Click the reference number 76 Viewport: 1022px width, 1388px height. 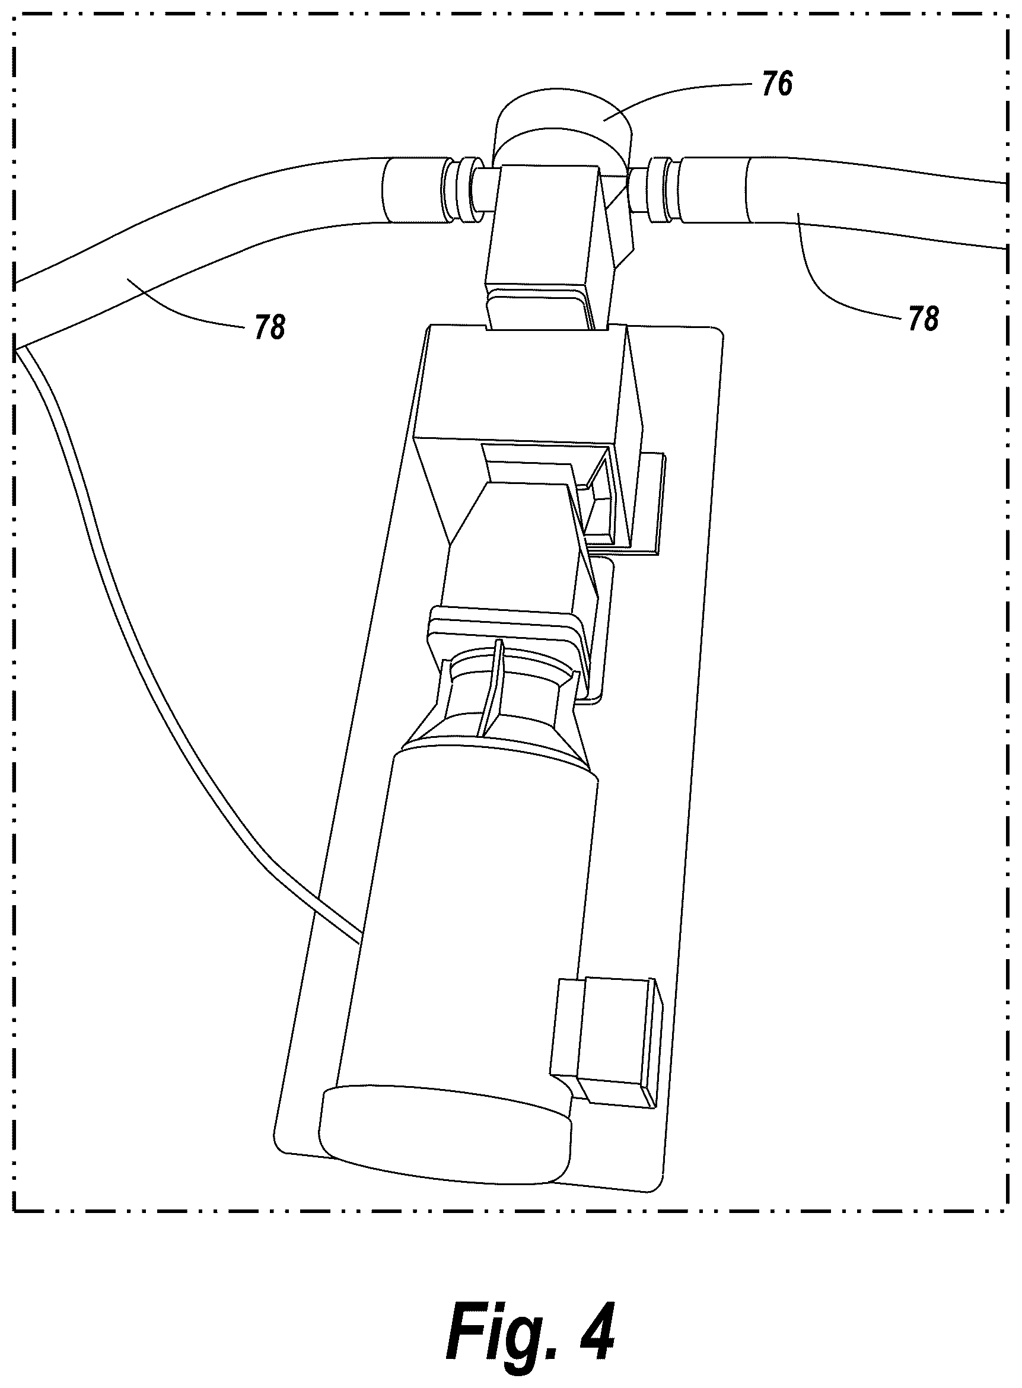776,84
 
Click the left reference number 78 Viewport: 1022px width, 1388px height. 270,327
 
